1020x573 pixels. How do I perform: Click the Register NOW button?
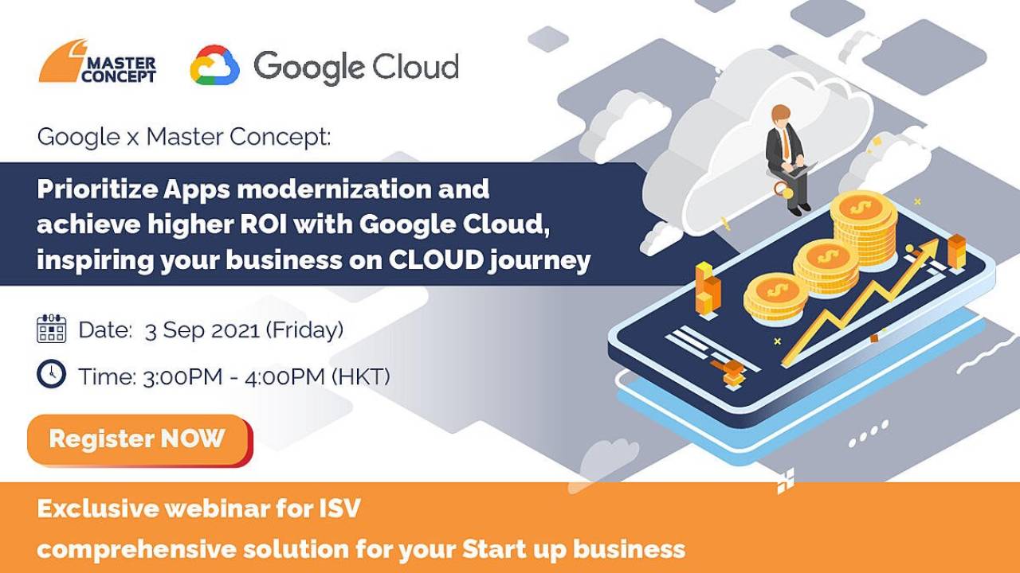[139, 440]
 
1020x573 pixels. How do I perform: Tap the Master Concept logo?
[97, 61]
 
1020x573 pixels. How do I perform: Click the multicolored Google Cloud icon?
[215, 65]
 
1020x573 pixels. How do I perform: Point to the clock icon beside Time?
[52, 374]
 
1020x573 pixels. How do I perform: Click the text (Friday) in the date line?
[304, 329]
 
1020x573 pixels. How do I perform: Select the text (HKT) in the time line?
[361, 376]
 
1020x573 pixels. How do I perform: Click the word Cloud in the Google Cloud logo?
[416, 66]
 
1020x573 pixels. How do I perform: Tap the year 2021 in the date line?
[235, 330]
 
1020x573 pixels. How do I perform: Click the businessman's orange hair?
[780, 111]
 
